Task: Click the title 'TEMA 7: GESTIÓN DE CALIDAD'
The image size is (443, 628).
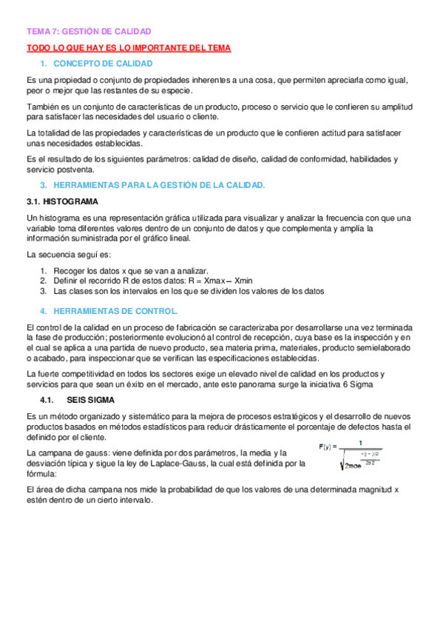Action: click(89, 32)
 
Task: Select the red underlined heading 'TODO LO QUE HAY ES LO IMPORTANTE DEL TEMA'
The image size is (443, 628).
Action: click(129, 48)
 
